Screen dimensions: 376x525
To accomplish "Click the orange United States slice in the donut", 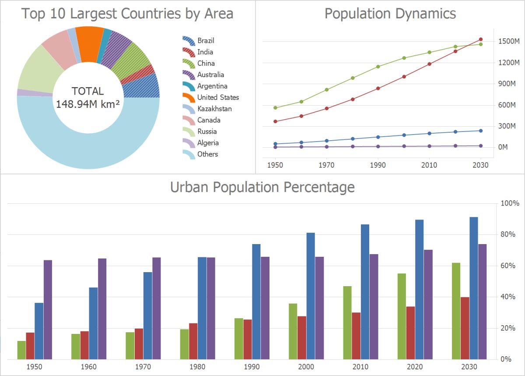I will click(x=89, y=38).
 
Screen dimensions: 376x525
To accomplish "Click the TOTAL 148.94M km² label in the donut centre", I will click(x=88, y=97).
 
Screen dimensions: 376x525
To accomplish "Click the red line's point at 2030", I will click(x=481, y=39).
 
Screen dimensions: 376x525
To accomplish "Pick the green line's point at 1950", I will click(x=275, y=108).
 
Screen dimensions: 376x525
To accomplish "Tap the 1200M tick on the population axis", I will click(x=509, y=63).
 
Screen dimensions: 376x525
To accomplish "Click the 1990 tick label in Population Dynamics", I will click(x=378, y=165).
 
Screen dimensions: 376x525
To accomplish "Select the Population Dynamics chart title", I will click(x=390, y=14).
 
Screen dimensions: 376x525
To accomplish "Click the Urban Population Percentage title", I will click(x=262, y=188).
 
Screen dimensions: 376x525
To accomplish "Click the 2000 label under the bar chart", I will click(x=306, y=367).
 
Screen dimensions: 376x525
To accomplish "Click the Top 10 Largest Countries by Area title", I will click(x=127, y=14).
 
